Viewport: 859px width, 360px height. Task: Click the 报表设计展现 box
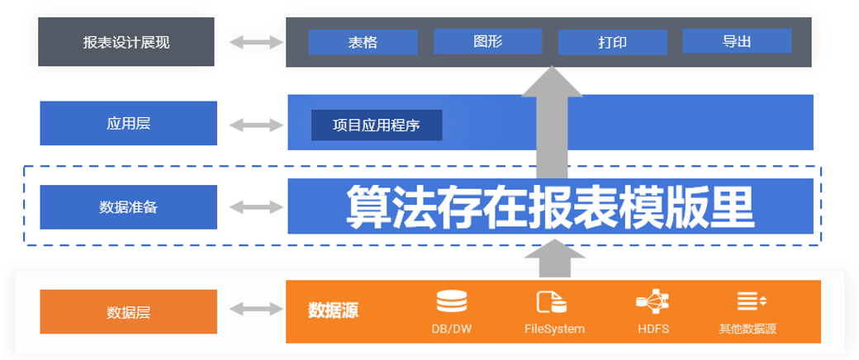point(126,42)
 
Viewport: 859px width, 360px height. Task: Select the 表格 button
point(363,42)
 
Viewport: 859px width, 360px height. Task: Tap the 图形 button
point(487,41)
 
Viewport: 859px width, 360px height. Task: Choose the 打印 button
point(612,42)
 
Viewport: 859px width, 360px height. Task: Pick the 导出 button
point(737,41)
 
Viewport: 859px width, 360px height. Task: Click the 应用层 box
point(128,124)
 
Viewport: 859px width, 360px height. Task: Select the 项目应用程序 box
point(377,126)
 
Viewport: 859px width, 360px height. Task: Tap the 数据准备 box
point(128,207)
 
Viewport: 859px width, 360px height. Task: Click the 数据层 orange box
point(128,312)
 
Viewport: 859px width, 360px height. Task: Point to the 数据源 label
point(333,310)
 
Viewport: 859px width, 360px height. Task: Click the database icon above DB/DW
point(451,302)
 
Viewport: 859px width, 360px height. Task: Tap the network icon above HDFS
point(653,301)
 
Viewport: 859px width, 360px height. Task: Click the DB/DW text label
point(451,329)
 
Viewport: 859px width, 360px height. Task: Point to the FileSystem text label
point(554,329)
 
